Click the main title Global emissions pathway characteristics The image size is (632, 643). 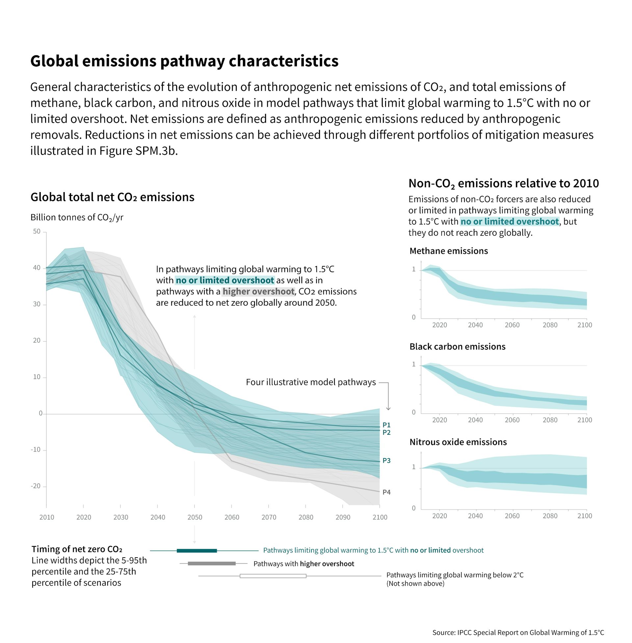[x=184, y=61]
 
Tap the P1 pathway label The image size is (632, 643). [x=386, y=425]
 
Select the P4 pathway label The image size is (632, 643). [x=386, y=492]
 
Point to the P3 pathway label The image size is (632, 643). [x=386, y=460]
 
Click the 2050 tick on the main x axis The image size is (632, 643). [x=195, y=517]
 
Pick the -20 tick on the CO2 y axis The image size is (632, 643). [x=36, y=486]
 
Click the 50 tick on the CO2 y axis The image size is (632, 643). [x=37, y=232]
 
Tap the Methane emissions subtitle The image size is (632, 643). [x=448, y=251]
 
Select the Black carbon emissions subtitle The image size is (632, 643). [x=457, y=347]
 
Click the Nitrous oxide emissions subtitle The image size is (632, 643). [x=458, y=442]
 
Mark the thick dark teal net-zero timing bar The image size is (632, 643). [x=197, y=551]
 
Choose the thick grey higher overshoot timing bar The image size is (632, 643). [x=211, y=564]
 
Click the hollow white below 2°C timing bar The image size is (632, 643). [x=273, y=576]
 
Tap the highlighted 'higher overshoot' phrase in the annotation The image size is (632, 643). [x=258, y=291]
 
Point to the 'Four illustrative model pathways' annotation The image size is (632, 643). [x=311, y=382]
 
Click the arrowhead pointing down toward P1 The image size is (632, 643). [x=388, y=408]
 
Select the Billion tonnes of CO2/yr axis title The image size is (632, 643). [x=77, y=217]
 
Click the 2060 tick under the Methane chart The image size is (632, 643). [x=512, y=325]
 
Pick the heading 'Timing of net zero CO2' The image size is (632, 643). [x=77, y=549]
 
